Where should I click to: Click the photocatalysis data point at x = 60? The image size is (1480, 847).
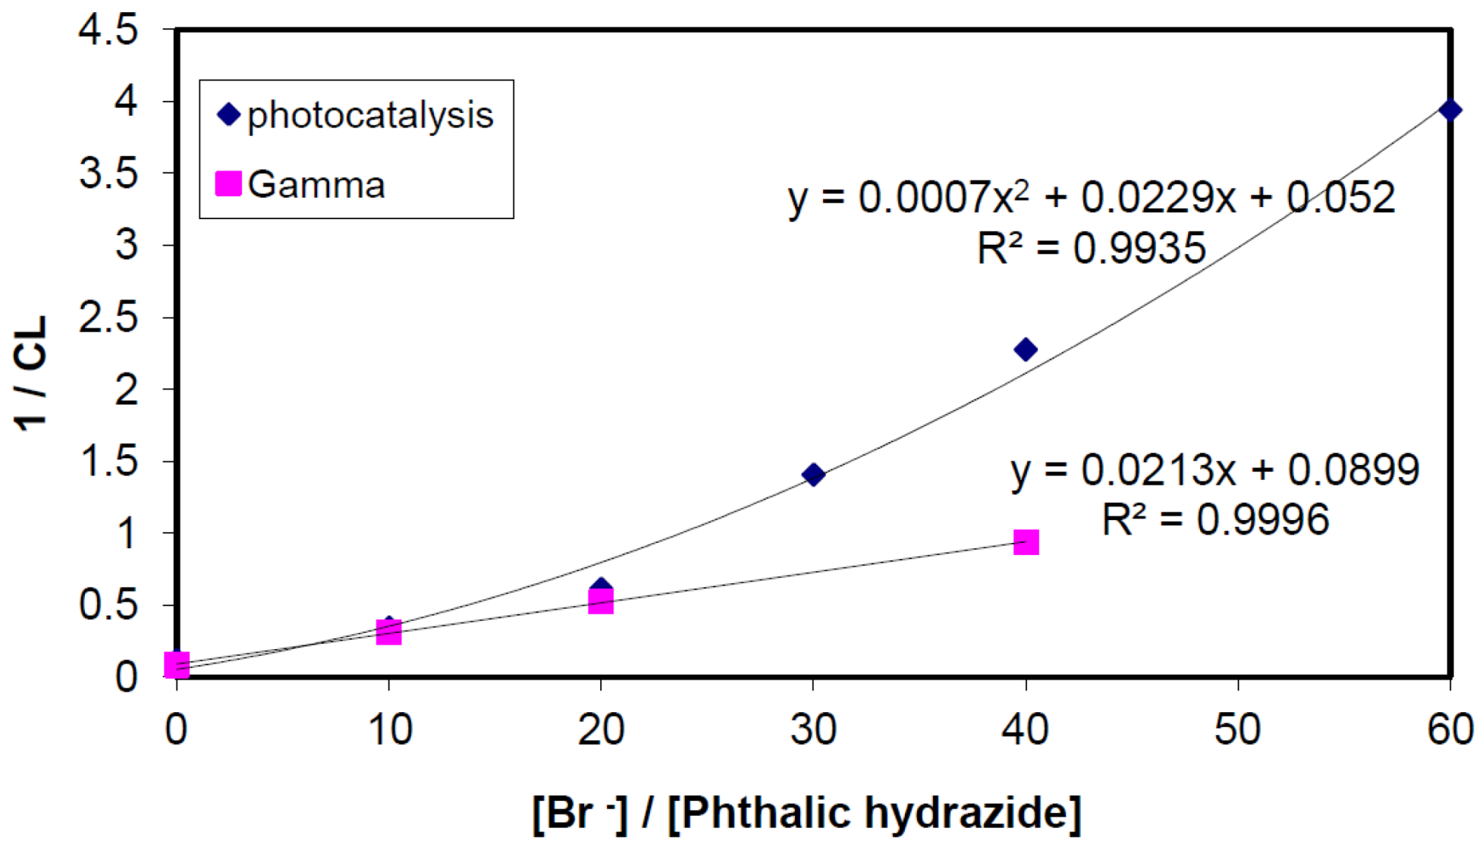pos(1450,111)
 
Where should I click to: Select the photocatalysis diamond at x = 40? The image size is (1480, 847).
pos(1026,350)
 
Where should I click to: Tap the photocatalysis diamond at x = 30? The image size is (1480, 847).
pos(813,475)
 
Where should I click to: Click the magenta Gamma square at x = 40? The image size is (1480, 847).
pos(1026,542)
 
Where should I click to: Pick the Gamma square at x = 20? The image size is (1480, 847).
pos(601,602)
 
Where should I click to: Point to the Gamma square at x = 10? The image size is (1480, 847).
pos(388,632)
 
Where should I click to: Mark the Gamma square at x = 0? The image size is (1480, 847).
pos(177,665)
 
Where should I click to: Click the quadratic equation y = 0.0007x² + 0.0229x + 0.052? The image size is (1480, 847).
pos(1091,199)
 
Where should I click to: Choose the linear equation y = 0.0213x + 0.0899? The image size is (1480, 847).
pos(1214,470)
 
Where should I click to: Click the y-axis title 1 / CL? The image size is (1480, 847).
pos(32,373)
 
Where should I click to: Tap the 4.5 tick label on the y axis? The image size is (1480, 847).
pos(108,31)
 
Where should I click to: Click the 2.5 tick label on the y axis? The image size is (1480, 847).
pos(108,318)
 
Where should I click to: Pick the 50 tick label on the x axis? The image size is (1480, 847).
pos(1237,729)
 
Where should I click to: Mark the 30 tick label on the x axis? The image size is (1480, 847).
pos(813,729)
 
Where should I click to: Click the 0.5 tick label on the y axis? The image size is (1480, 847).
pos(108,605)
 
